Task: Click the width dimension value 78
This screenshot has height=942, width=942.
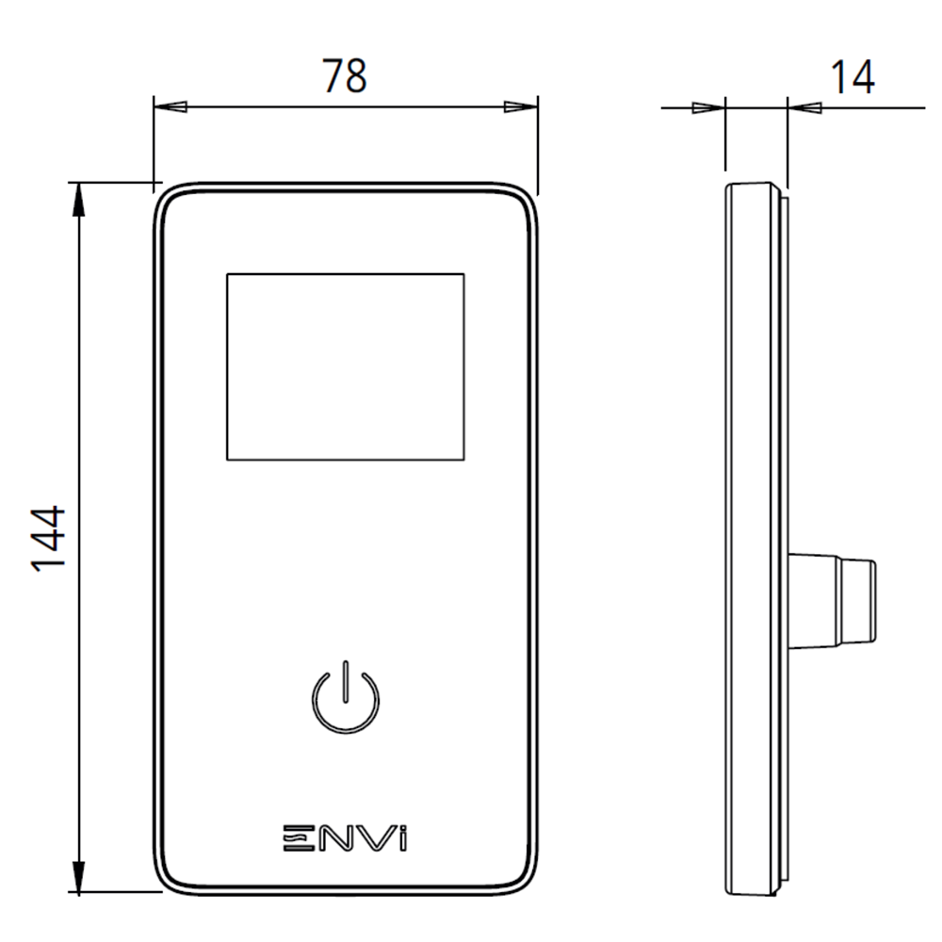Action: tap(345, 76)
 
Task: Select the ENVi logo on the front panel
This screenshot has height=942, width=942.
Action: tap(346, 837)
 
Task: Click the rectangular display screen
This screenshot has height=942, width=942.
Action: tap(345, 367)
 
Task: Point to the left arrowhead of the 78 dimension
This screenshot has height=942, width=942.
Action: tap(170, 106)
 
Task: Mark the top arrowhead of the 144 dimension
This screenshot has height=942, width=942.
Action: tap(79, 198)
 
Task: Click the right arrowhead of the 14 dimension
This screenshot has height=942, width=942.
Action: tap(803, 107)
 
